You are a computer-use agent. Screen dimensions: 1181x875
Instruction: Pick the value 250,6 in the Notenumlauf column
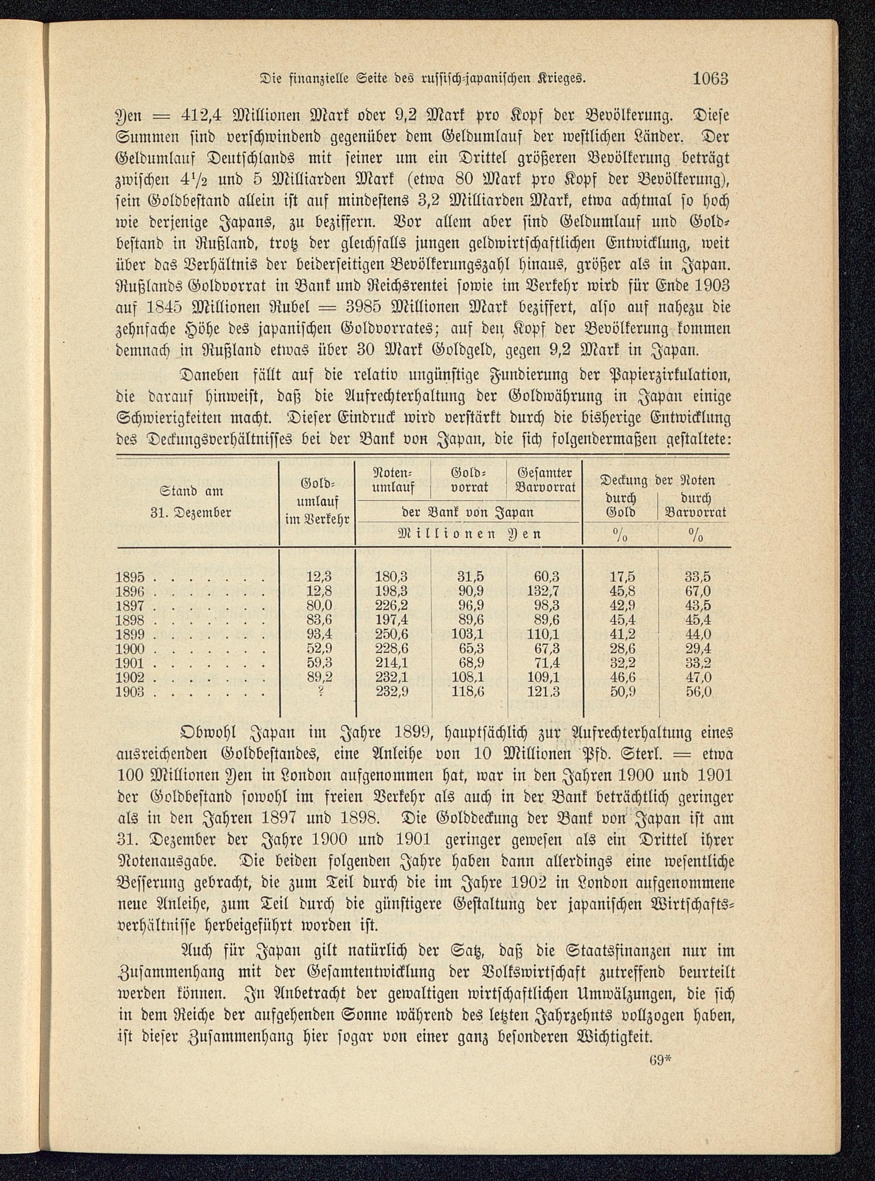point(392,634)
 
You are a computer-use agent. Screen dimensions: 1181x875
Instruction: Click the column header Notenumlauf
point(394,480)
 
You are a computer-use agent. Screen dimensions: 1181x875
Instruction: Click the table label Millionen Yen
point(468,534)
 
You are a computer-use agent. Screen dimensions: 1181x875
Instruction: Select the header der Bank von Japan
point(468,512)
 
